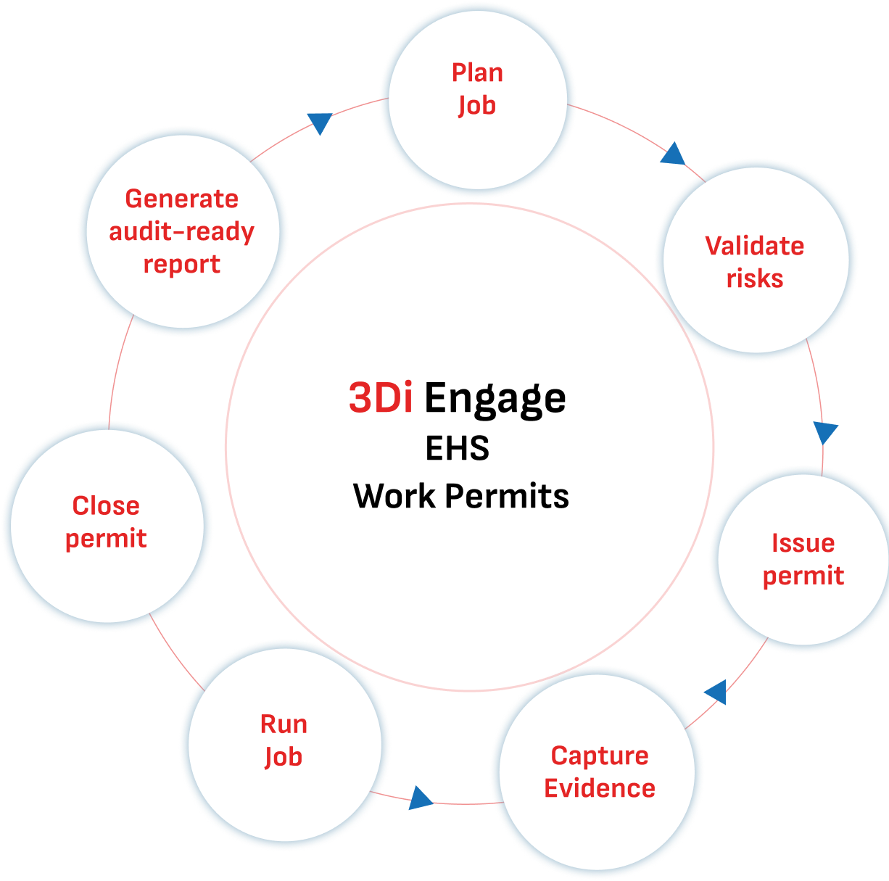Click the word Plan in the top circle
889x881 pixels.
[x=477, y=73]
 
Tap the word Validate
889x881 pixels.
[x=755, y=246]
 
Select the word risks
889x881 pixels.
[x=755, y=279]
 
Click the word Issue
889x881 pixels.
[x=803, y=543]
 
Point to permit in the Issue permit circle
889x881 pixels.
[x=803, y=576]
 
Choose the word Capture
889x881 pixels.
[x=600, y=756]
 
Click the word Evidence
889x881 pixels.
[x=600, y=788]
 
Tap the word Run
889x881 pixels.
[x=284, y=724]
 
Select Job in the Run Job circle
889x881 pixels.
[x=283, y=757]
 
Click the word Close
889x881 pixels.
[x=106, y=505]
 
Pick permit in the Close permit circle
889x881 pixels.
[x=106, y=539]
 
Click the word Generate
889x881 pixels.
[x=181, y=199]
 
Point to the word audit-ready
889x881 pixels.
[x=181, y=232]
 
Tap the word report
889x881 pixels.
[x=181, y=265]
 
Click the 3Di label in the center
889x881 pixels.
[x=381, y=398]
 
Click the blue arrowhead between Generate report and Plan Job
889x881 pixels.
[x=319, y=123]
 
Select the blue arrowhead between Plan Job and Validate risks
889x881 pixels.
[x=674, y=154]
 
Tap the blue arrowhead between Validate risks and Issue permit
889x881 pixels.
[x=825, y=433]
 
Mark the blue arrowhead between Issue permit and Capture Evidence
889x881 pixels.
[x=716, y=692]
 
